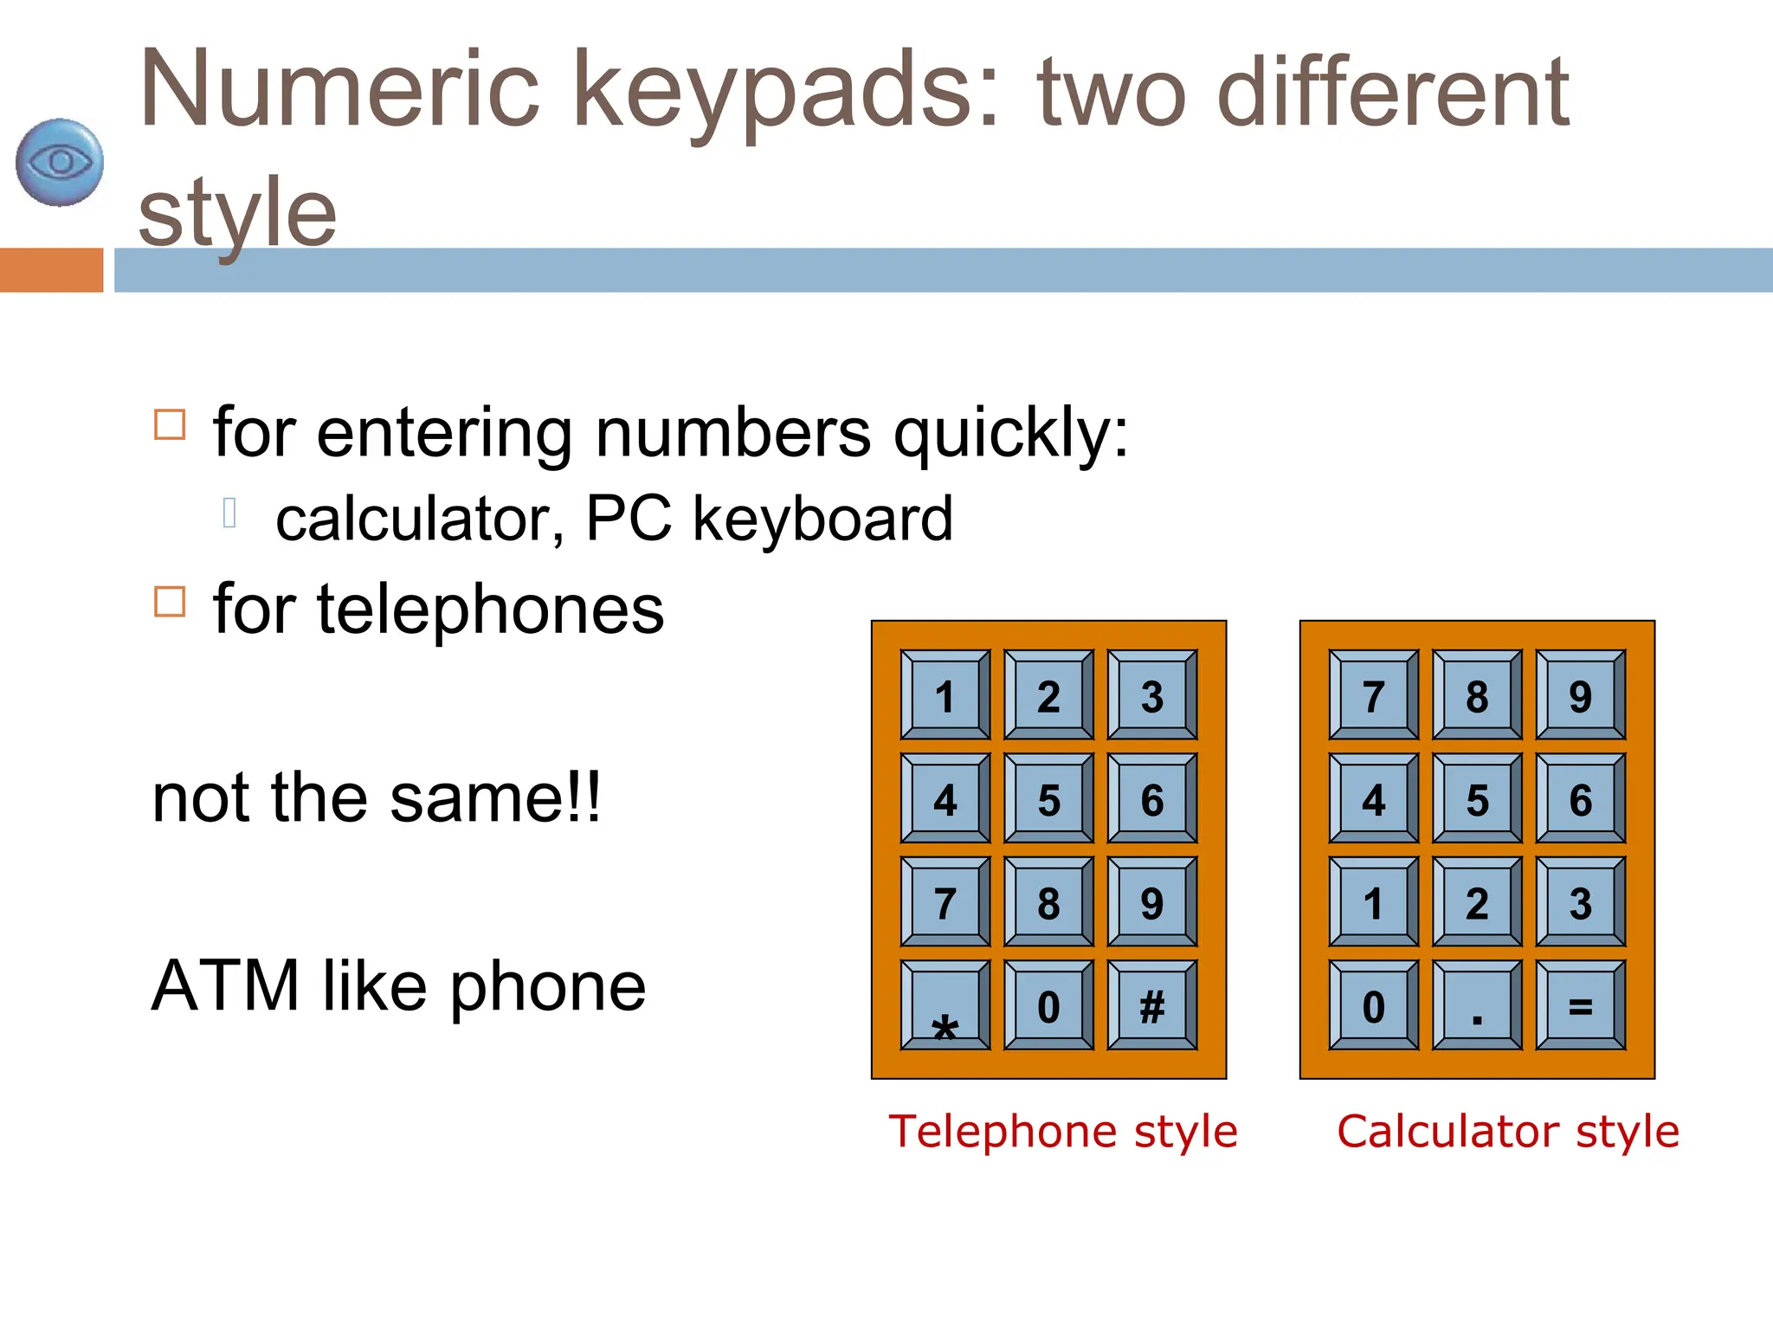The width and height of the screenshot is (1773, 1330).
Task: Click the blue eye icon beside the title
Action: tap(60, 163)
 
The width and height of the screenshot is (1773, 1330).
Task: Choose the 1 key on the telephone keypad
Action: tap(945, 695)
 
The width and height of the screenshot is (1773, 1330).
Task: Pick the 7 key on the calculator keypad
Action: tap(1373, 695)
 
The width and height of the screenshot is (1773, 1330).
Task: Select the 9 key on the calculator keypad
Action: tap(1580, 695)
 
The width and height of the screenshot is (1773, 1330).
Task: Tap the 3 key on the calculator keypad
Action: tap(1580, 902)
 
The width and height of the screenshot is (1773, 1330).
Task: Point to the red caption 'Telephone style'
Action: tap(1063, 1131)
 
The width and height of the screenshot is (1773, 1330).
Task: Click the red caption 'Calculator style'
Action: tap(1508, 1131)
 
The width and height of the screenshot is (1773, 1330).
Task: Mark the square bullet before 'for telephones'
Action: tap(170, 601)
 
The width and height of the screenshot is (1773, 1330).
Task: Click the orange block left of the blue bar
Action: tap(51, 270)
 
